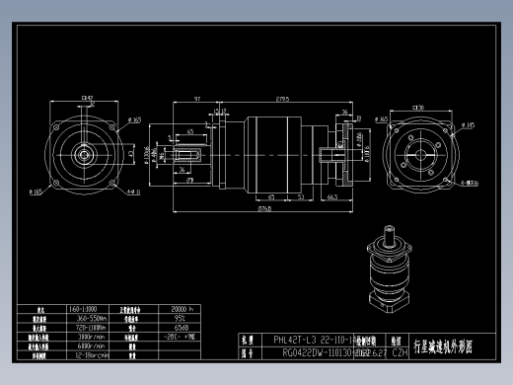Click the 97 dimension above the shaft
[x=197, y=99]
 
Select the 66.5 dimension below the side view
[x=332, y=197]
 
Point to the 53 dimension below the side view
[x=299, y=197]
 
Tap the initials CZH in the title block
[x=400, y=350]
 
